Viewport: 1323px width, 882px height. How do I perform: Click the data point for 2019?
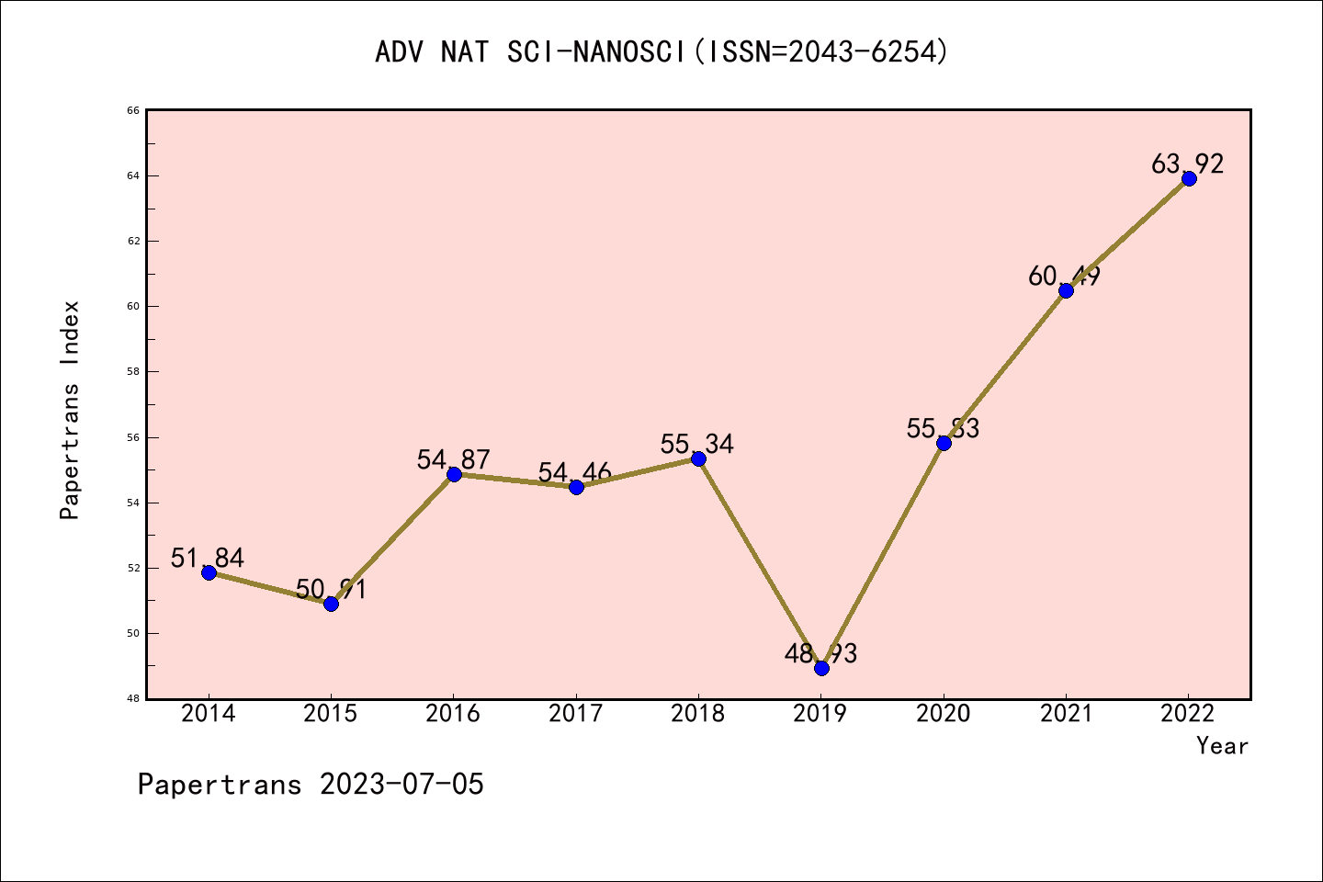click(821, 668)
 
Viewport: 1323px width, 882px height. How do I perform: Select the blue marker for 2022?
click(1189, 178)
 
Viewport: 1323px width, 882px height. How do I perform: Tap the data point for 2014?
click(209, 572)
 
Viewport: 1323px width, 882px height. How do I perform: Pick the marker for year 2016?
click(454, 474)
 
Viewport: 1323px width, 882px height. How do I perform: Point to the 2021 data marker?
click(1066, 290)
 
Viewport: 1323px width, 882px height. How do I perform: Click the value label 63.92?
click(1187, 164)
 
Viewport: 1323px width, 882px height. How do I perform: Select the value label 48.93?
click(820, 653)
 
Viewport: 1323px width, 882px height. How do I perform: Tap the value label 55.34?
click(696, 445)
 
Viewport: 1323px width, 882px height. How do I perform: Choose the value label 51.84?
click(208, 558)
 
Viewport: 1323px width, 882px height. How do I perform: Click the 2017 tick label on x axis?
click(576, 714)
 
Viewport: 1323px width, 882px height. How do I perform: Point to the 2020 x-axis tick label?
click(944, 714)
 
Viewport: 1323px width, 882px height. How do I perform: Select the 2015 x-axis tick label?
click(331, 714)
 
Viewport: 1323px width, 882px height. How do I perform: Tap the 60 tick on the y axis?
click(133, 306)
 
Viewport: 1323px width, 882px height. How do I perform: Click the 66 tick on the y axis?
click(133, 110)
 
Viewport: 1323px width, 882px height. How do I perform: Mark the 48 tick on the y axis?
click(133, 699)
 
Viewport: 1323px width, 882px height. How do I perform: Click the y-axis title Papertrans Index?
click(70, 410)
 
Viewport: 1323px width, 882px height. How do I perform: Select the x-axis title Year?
click(1222, 746)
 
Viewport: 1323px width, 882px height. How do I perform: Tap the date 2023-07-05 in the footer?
click(401, 785)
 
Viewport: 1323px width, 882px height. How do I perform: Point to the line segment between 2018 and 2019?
click(760, 563)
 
